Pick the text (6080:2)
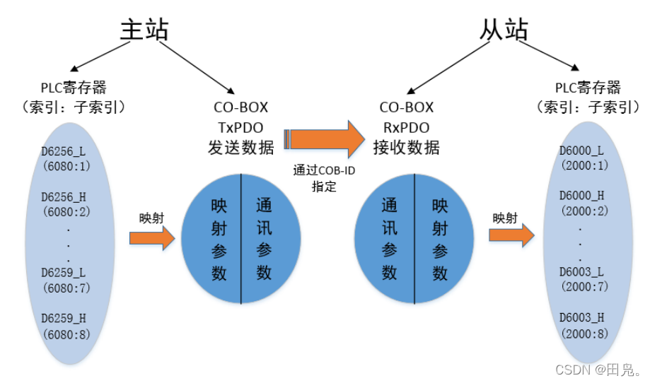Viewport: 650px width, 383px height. click(66, 210)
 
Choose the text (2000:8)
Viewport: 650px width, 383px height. click(581, 333)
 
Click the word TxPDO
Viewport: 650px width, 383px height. click(244, 127)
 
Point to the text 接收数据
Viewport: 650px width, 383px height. click(406, 148)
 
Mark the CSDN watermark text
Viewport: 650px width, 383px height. click(599, 369)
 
